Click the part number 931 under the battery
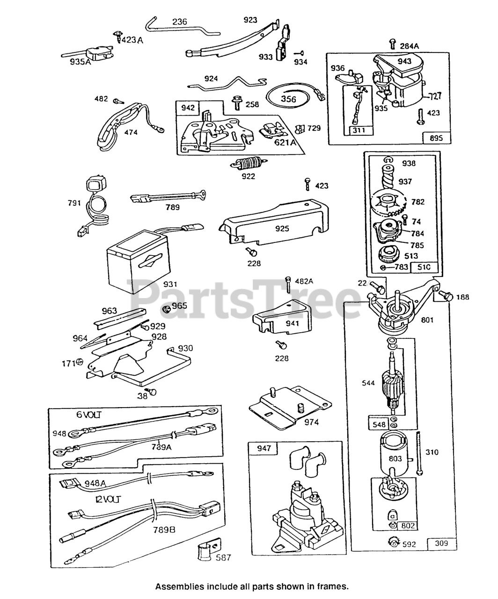(170, 284)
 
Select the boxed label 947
(264, 448)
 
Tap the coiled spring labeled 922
(245, 165)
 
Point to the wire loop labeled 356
(288, 99)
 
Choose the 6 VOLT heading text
(89, 415)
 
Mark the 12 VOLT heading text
(108, 499)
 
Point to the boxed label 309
(441, 543)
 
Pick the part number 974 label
(311, 422)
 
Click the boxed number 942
(188, 108)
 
